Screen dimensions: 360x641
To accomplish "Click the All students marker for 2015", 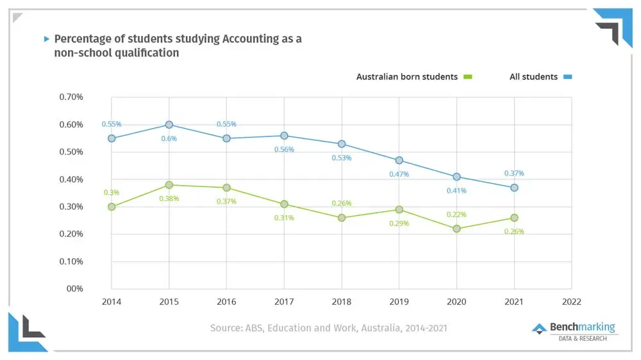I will tap(169, 125).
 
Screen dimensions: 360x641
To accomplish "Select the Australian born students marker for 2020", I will tap(456, 229).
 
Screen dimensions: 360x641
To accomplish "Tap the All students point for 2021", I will tap(514, 188).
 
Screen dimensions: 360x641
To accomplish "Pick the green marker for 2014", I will tap(112, 207).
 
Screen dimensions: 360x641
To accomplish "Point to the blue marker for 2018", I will tap(342, 144).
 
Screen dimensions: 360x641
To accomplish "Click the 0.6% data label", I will tap(169, 139).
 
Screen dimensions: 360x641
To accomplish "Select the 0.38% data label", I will tap(169, 199).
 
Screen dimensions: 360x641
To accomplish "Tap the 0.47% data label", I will tap(399, 174).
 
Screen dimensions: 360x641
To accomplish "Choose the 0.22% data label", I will tap(456, 215).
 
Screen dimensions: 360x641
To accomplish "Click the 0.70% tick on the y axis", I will tap(71, 97).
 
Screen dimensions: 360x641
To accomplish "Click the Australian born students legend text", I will tap(407, 77).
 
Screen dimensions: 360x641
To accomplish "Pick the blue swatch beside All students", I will tap(567, 77).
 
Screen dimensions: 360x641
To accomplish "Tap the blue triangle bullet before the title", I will tap(46, 39).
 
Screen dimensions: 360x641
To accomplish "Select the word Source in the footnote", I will tap(226, 328).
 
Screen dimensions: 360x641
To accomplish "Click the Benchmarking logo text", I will tap(582, 327).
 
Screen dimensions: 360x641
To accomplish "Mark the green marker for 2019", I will tap(399, 209).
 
